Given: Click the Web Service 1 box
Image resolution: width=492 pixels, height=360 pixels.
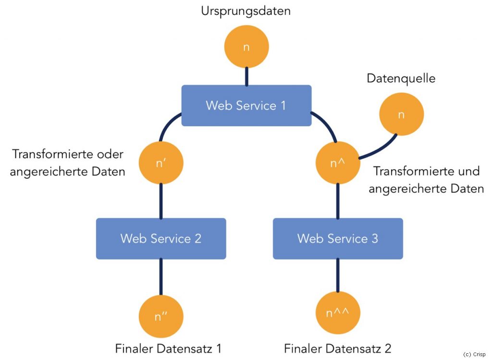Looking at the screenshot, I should click(246, 105).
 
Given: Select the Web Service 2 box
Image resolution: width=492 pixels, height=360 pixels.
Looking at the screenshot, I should click(161, 238).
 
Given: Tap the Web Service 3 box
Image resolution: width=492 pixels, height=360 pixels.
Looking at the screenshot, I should click(338, 238).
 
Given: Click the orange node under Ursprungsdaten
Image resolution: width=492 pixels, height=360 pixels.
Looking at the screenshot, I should click(246, 48).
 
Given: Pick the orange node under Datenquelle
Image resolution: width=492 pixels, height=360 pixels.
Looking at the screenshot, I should click(402, 114).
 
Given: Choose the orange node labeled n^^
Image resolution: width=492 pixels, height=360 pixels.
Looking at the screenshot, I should click(338, 314).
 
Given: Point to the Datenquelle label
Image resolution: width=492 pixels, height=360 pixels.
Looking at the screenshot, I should click(401, 78).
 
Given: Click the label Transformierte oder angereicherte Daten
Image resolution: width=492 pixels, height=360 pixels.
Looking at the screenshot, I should click(68, 163).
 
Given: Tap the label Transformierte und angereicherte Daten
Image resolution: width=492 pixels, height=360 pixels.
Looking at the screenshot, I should click(426, 180).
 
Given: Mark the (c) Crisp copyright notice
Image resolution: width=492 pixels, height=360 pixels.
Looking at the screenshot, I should click(474, 354).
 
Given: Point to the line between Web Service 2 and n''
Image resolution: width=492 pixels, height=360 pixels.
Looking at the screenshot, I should click(161, 277).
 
